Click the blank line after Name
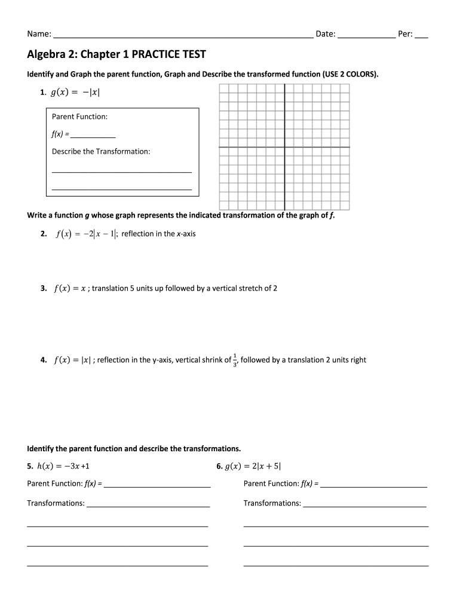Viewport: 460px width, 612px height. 183,35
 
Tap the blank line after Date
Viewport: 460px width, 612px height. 366,35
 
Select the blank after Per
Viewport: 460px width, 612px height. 421,35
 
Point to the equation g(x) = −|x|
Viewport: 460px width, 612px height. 74,93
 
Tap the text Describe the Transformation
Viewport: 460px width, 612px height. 101,151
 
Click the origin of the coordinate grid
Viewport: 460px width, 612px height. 284,147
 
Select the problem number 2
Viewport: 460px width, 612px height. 44,234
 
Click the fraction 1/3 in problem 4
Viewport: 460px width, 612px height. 235,360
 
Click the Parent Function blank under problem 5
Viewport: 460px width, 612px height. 157,484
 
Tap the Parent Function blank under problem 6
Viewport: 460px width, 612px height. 373,484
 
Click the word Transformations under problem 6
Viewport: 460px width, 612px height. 272,503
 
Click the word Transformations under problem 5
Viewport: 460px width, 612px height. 56,503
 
